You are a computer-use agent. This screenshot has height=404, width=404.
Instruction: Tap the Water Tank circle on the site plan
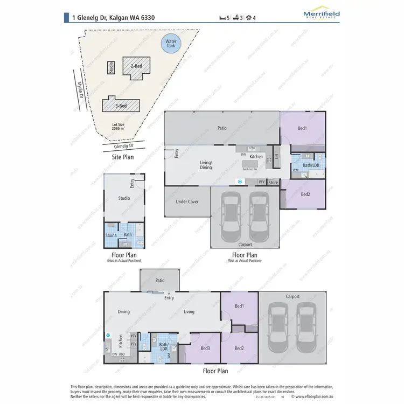[171, 43]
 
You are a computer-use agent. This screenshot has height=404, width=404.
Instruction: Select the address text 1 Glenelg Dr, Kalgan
[113, 17]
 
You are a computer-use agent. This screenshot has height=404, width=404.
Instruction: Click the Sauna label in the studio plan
[111, 235]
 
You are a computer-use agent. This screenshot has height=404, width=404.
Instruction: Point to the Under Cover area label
[187, 202]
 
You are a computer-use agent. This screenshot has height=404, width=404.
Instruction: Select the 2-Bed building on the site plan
[136, 67]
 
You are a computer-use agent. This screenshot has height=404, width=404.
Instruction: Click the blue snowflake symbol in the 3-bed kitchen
[108, 336]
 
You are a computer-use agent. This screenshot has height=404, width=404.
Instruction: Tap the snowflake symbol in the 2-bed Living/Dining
[240, 182]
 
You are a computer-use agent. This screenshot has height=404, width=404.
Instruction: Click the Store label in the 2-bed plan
[273, 183]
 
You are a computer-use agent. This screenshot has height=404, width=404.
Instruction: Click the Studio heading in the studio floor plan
[124, 198]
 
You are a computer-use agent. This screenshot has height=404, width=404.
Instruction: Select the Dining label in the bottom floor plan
[123, 312]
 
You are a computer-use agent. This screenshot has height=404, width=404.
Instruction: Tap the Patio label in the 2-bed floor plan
[221, 129]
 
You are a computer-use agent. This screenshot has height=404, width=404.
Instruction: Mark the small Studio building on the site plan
[111, 67]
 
